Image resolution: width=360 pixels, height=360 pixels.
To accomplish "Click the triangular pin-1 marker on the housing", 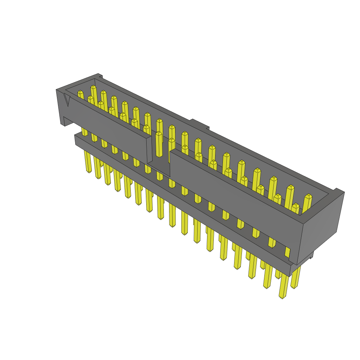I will [67, 101].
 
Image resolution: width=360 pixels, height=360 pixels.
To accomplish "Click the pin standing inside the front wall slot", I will [159, 144].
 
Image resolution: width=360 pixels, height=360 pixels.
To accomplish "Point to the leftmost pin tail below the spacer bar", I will [88, 162].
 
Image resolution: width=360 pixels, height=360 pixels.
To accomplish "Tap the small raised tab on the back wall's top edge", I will [200, 124].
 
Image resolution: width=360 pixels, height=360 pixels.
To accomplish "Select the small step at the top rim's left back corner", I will [100, 75].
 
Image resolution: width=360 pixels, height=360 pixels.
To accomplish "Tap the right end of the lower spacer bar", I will [290, 269].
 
